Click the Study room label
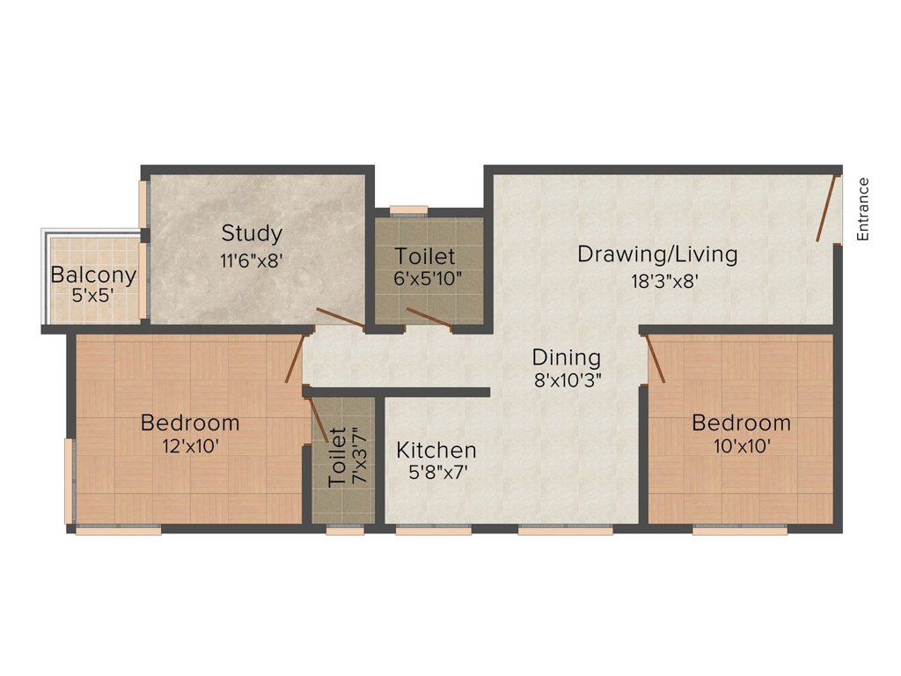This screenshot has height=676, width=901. click(x=252, y=233)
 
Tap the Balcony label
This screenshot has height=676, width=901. click(x=93, y=275)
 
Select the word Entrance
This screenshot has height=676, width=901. click(x=863, y=209)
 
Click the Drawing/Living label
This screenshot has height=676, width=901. click(x=656, y=254)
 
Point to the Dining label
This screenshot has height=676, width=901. click(x=567, y=357)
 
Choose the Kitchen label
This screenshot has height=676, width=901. click(x=436, y=450)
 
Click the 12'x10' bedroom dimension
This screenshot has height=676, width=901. click(x=190, y=445)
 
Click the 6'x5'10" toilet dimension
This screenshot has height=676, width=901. click(x=427, y=280)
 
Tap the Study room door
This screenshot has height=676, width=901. click(x=341, y=320)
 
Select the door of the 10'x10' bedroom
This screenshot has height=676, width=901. click(x=656, y=358)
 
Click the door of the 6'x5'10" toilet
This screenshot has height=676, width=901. click(x=429, y=318)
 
